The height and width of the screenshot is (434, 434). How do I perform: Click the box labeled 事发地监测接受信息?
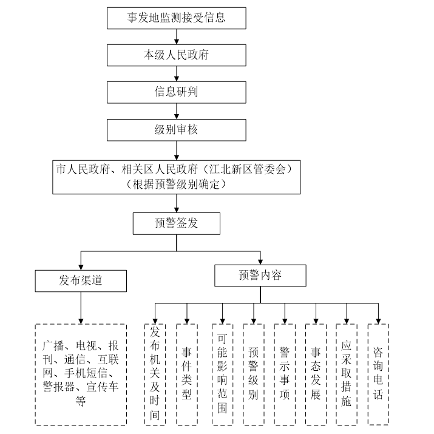click(176, 18)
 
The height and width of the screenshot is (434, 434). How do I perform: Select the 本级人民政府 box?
click(176, 55)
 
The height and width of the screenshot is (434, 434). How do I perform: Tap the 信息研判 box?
click(176, 92)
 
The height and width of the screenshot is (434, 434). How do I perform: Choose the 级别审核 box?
click(176, 130)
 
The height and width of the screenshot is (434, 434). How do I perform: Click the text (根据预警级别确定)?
click(176, 185)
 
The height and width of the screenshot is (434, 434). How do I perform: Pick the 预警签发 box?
click(176, 223)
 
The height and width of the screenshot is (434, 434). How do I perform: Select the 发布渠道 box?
click(81, 280)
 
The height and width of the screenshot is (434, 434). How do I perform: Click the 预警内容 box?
click(260, 276)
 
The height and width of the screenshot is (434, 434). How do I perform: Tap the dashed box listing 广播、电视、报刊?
click(81, 374)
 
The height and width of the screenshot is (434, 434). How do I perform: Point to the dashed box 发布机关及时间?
click(155, 374)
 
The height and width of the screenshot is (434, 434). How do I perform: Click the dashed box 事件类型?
click(186, 374)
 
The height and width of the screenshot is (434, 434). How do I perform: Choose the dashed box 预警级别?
click(253, 374)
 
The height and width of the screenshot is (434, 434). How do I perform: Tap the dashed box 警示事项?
click(284, 374)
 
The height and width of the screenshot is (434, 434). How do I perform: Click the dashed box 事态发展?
click(316, 374)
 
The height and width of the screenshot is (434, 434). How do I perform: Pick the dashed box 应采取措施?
click(347, 374)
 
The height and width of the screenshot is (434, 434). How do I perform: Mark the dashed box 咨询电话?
click(378, 374)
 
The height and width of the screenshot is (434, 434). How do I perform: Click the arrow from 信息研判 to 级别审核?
click(176, 111)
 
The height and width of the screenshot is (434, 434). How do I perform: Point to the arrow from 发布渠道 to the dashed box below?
click(81, 307)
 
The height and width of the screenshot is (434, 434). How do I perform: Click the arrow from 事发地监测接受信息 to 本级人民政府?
click(176, 36)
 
